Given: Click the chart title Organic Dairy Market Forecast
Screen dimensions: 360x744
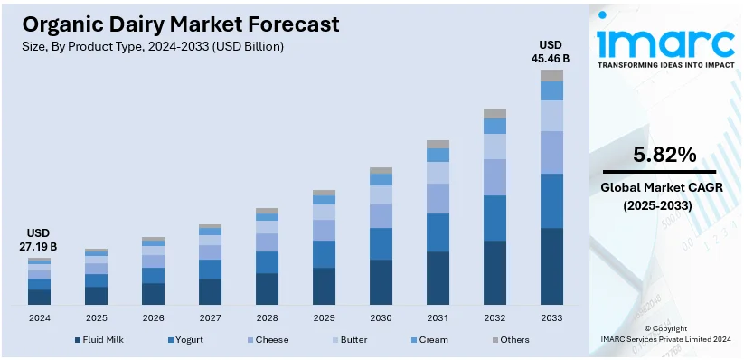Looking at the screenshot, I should coord(181,24).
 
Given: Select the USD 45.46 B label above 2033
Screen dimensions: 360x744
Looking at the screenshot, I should coord(551,52).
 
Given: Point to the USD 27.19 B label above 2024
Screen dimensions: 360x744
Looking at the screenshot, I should coord(40,240).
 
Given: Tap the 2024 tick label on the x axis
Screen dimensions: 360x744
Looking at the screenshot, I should coord(40,317).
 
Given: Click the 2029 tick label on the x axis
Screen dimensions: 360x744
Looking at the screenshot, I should coord(324,317).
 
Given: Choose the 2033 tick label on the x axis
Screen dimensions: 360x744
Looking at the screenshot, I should coord(551,317).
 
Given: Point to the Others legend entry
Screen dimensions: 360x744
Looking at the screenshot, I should coord(510,340).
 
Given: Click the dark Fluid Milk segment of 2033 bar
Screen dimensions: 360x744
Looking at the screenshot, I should coord(551,266).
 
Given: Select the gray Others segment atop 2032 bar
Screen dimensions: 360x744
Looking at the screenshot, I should coord(494,113).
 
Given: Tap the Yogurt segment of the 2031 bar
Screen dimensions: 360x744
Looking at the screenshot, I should coord(438,232).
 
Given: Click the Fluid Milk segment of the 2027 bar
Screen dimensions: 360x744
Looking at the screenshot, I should coord(210,291).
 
